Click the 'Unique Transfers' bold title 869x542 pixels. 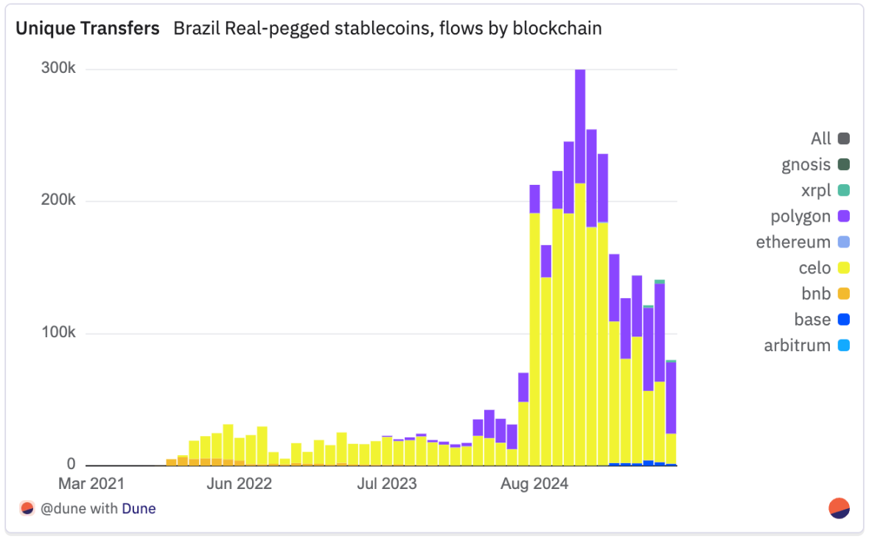click(88, 29)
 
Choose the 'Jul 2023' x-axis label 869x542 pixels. click(387, 484)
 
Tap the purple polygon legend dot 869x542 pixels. click(844, 217)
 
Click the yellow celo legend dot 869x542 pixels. click(844, 268)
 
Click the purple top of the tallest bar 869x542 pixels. click(580, 125)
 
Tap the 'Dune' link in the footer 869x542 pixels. click(139, 508)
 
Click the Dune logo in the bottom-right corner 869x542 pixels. click(840, 508)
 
